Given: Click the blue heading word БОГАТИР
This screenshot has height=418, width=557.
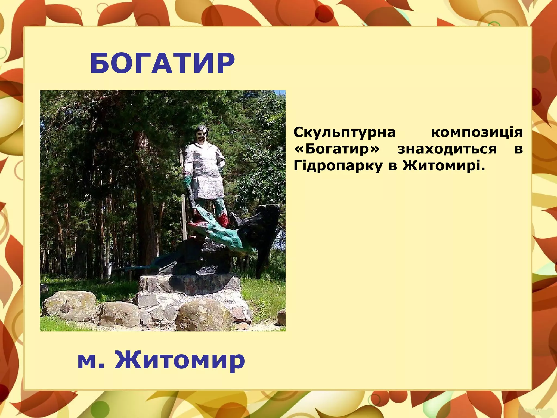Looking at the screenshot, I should click(162, 63).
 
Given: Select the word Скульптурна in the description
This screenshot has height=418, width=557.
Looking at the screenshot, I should click(345, 133).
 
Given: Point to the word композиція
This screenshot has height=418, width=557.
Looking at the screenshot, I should click(477, 133).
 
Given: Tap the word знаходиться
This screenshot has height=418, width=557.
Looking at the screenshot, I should click(447, 149).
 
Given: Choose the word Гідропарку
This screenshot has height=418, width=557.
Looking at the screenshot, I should click(338, 166).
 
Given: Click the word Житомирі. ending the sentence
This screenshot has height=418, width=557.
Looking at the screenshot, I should click(444, 165).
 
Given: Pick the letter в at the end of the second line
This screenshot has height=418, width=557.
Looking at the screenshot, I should click(518, 149).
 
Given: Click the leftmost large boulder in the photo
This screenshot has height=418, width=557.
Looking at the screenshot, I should click(69, 305).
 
